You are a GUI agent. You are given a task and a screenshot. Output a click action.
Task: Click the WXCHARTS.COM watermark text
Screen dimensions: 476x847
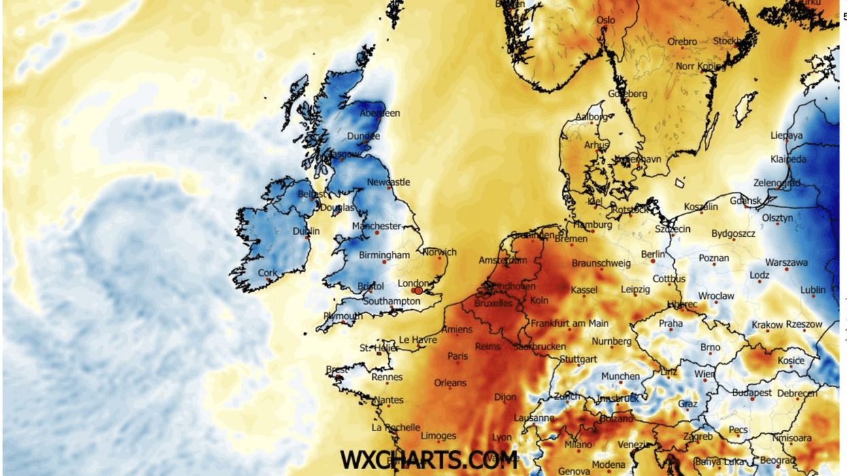(428, 460)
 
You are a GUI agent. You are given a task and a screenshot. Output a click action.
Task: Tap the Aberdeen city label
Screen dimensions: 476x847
(380, 113)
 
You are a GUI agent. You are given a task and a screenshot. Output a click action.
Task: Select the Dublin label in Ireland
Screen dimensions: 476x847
(305, 231)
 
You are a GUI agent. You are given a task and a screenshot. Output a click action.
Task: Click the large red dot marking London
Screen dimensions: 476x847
(418, 290)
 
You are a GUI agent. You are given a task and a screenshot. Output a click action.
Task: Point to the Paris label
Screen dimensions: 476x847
(457, 356)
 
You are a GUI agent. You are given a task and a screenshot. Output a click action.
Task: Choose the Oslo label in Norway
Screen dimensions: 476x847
(605, 20)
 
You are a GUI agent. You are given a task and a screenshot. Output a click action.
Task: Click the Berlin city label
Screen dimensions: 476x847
(652, 254)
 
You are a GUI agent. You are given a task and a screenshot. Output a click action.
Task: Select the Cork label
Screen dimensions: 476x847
(267, 273)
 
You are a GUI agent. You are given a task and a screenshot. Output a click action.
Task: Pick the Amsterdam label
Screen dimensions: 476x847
(503, 260)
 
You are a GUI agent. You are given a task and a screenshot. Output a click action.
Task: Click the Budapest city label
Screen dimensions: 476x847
(752, 393)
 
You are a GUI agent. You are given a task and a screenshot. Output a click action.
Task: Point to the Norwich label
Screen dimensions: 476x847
(439, 252)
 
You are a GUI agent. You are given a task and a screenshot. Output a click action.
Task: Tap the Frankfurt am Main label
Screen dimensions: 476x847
(569, 324)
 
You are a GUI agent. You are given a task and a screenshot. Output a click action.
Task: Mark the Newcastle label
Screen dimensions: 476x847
(388, 182)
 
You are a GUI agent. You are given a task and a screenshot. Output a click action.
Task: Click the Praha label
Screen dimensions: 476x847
(670, 324)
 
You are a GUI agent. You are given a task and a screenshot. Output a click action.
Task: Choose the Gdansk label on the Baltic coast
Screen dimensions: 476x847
(745, 201)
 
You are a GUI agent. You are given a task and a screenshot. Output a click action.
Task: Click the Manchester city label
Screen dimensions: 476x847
(376, 226)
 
